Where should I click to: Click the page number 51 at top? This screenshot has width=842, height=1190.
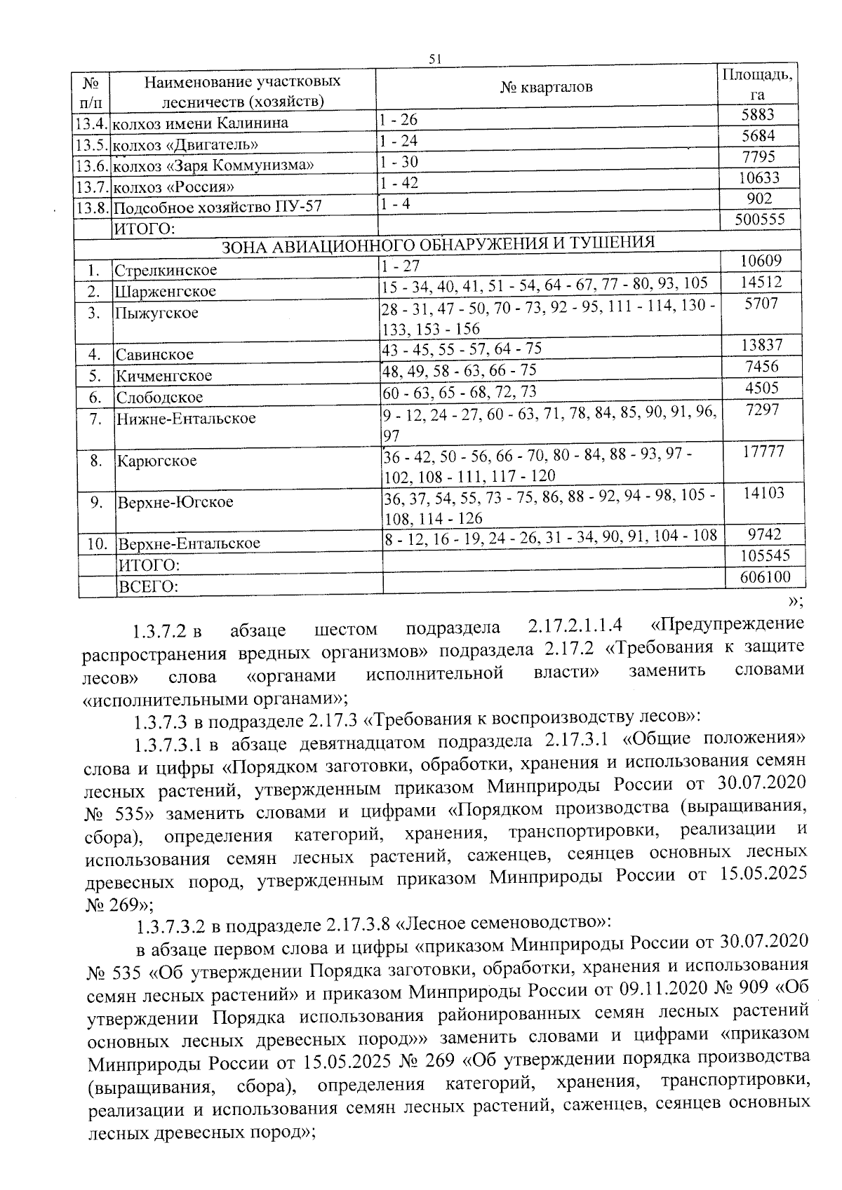(x=434, y=60)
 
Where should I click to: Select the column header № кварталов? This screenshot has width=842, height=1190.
(x=547, y=87)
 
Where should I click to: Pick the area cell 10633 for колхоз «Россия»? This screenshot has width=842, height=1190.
(x=759, y=178)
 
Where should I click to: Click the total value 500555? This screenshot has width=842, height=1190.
(x=759, y=219)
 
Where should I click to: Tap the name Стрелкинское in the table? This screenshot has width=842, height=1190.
(x=166, y=271)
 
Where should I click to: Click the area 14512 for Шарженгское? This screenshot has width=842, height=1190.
(x=761, y=283)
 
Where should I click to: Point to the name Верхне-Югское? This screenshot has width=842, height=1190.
(x=175, y=503)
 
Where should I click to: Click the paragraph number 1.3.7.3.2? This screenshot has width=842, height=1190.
(x=171, y=926)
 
